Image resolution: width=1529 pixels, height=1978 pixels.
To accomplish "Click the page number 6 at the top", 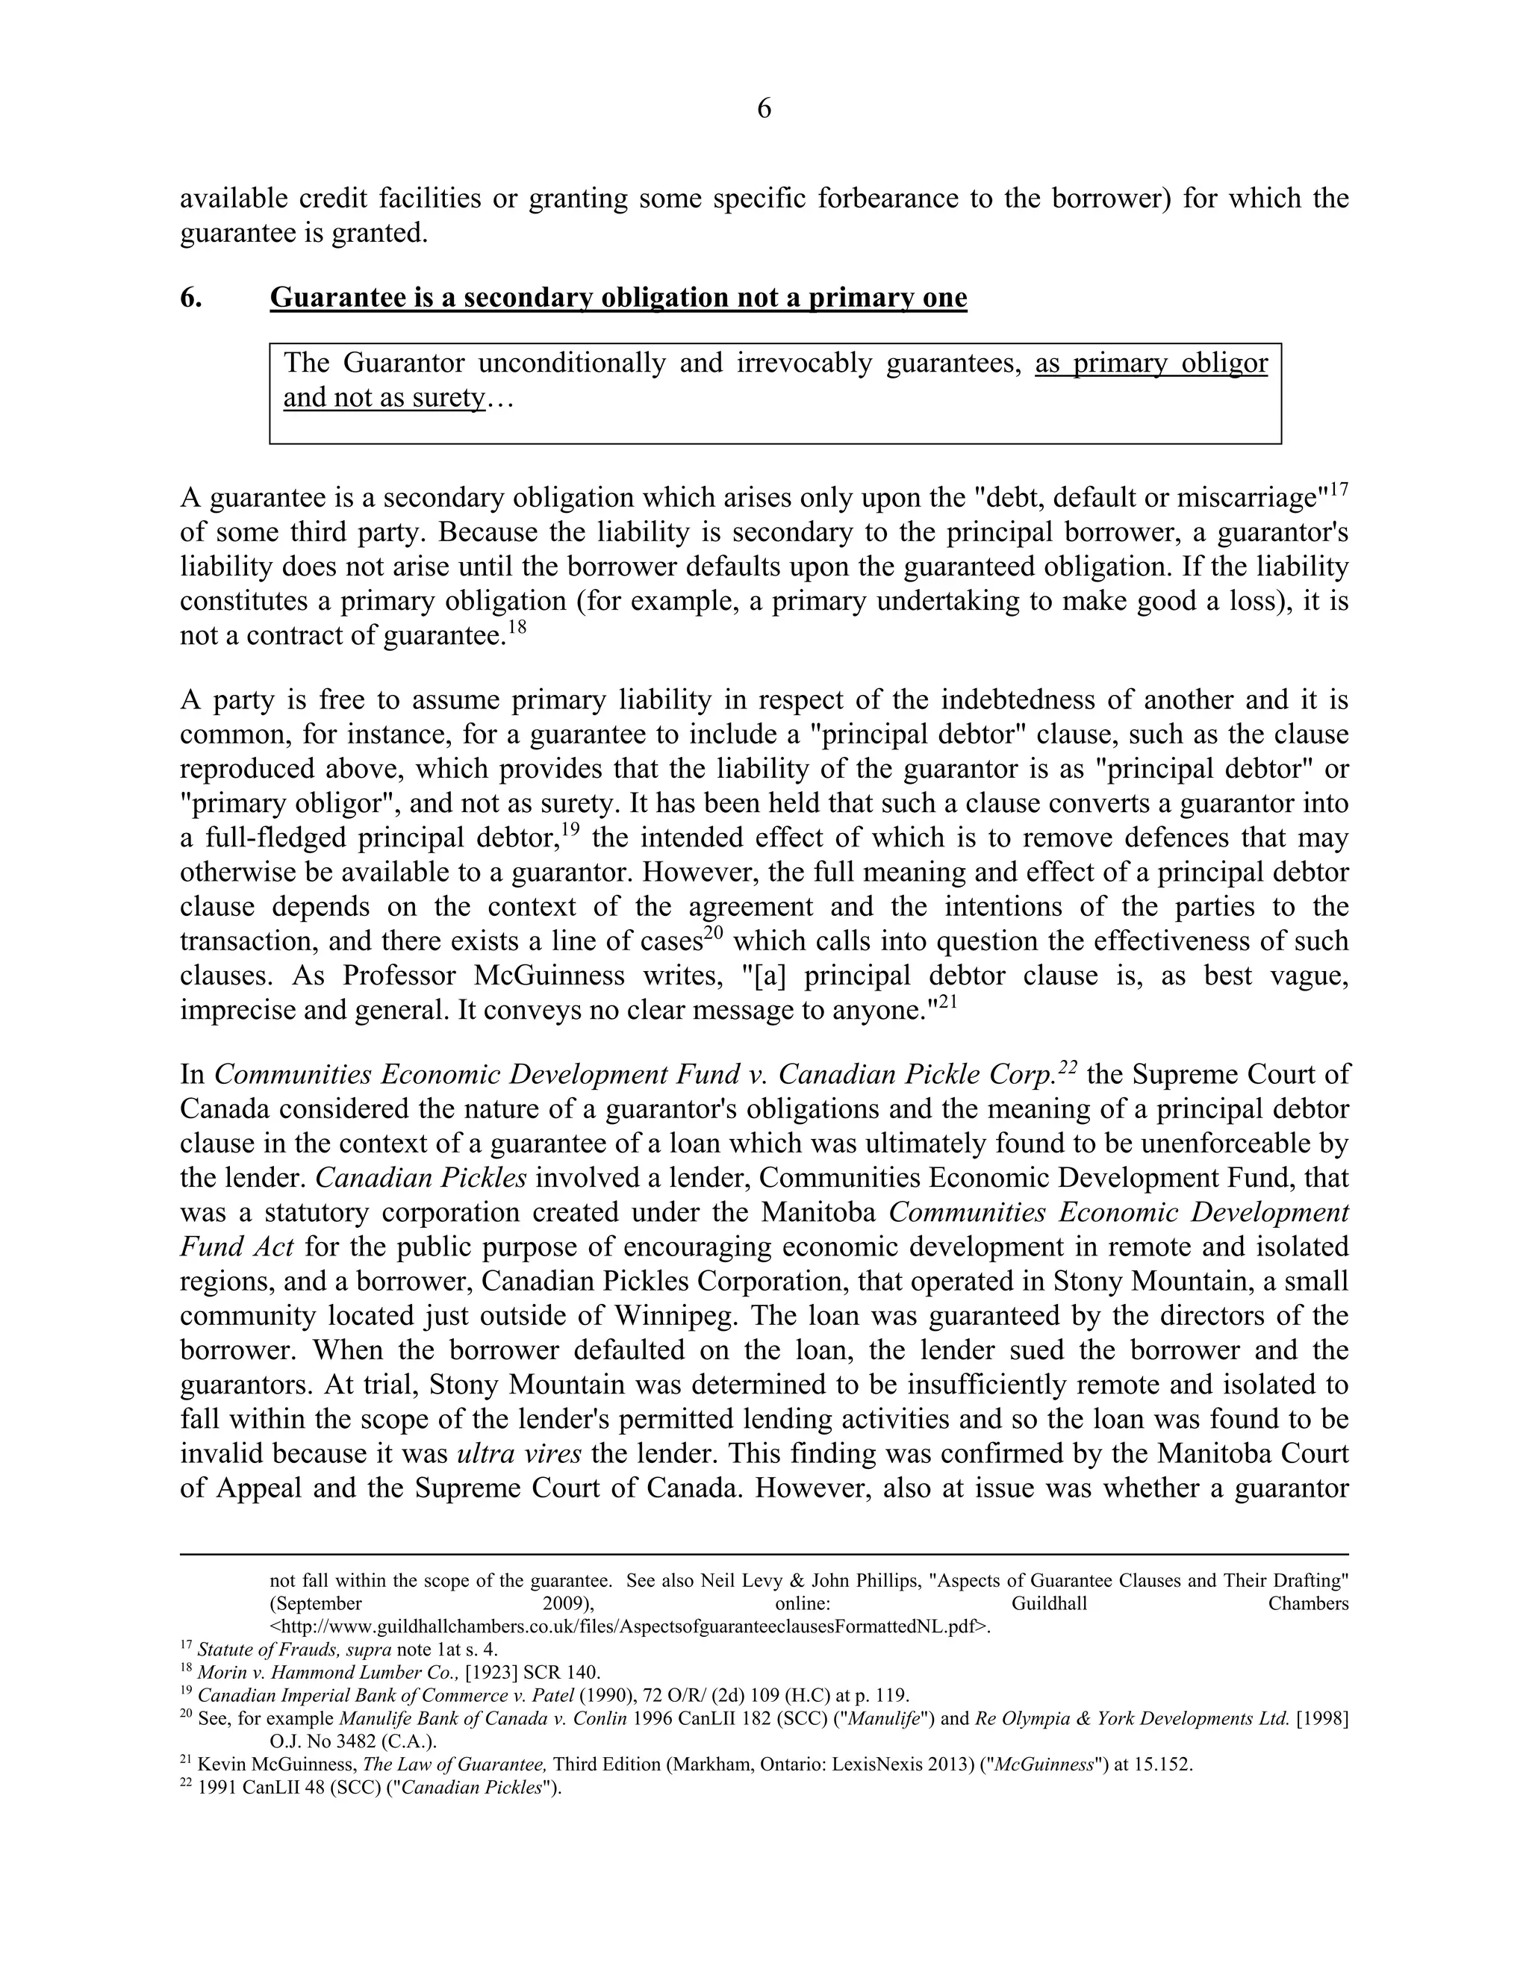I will click(764, 109).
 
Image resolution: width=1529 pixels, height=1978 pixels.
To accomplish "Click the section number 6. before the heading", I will click(191, 298).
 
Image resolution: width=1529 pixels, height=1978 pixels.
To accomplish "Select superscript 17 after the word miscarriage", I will click(1339, 490).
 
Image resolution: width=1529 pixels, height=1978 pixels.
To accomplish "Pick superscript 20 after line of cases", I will click(715, 934).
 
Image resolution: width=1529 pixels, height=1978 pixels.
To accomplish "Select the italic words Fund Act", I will click(237, 1247).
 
